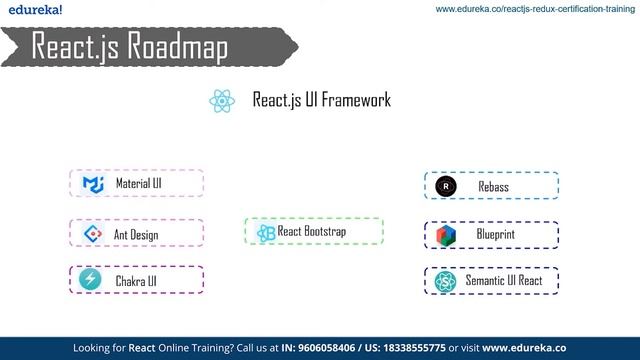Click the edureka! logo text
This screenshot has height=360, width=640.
tap(32, 9)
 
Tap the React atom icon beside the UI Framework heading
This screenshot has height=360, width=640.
tap(222, 101)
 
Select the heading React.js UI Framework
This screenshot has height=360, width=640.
tap(321, 101)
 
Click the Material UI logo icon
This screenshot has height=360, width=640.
tap(93, 184)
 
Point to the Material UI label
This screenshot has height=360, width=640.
tap(138, 184)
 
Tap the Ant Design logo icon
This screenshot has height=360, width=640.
tap(92, 234)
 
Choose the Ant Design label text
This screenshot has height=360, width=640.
tap(136, 235)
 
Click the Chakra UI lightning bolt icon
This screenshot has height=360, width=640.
tap(92, 280)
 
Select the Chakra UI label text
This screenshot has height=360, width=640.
tap(136, 281)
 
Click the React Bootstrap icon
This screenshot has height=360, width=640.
tap(265, 232)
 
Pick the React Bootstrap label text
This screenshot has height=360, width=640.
tap(315, 232)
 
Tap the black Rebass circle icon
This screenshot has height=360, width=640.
tap(446, 186)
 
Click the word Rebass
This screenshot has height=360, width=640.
tap(493, 187)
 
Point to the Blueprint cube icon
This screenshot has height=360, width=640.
tap(446, 235)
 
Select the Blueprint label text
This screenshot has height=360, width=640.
tap(496, 235)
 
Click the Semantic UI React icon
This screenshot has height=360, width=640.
tap(446, 281)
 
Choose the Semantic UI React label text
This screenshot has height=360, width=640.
tap(504, 281)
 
